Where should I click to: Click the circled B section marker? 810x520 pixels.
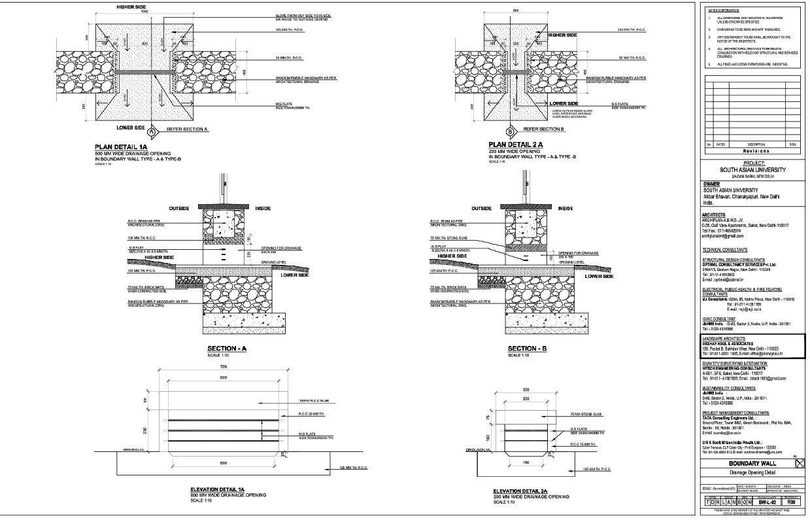click(x=490, y=131)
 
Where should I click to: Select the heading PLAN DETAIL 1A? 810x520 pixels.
click(x=127, y=147)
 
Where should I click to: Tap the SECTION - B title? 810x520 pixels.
click(x=531, y=348)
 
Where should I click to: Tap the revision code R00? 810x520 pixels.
click(x=792, y=502)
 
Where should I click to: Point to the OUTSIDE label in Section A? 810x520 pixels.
click(x=178, y=208)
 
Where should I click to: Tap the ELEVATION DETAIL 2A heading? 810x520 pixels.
click(x=521, y=491)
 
